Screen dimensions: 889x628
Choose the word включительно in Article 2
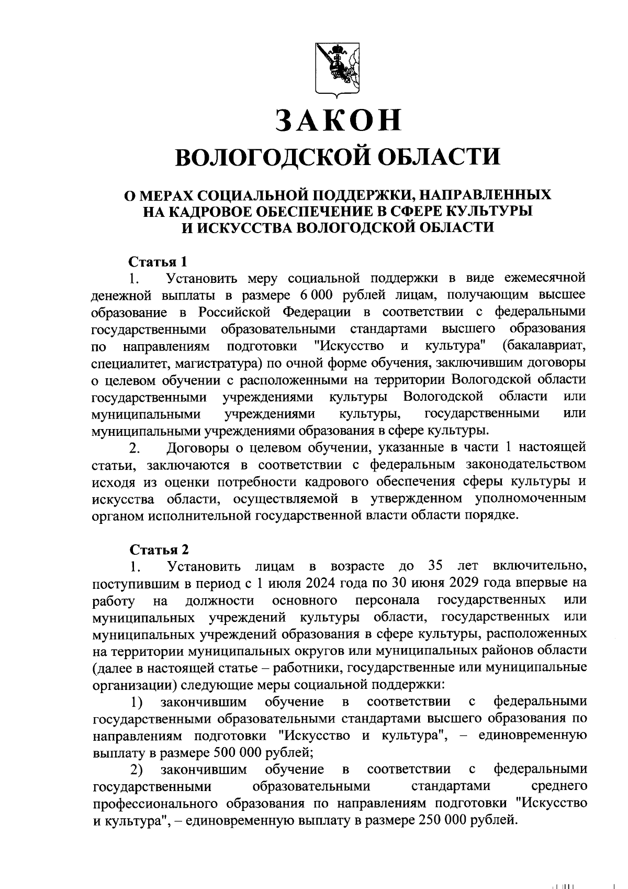tap(540, 566)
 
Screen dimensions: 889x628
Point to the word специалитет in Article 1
tap(131, 363)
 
